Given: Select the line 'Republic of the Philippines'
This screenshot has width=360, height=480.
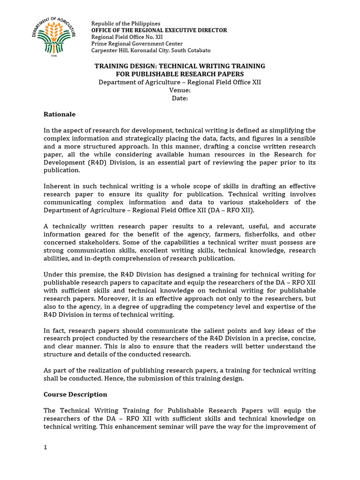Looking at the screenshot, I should point(126,23).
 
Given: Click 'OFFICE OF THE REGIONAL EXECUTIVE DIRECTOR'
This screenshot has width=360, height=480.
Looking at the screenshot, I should point(159,30).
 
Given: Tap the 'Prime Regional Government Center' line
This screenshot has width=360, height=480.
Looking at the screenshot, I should point(137,44).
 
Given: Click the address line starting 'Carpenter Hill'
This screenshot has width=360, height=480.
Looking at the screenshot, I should point(150,50).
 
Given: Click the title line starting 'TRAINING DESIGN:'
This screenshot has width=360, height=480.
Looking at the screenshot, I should point(180,66).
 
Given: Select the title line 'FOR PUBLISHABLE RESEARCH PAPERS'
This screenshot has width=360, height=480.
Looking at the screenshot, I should point(180,74).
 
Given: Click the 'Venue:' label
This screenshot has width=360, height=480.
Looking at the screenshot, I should point(180,90).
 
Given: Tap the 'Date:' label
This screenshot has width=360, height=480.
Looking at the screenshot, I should point(180,98).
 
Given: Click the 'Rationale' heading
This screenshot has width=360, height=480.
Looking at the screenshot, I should point(60,114).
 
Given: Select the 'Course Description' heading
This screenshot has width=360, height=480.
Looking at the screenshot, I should point(75,394).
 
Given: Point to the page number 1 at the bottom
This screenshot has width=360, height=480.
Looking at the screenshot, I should point(45,447).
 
